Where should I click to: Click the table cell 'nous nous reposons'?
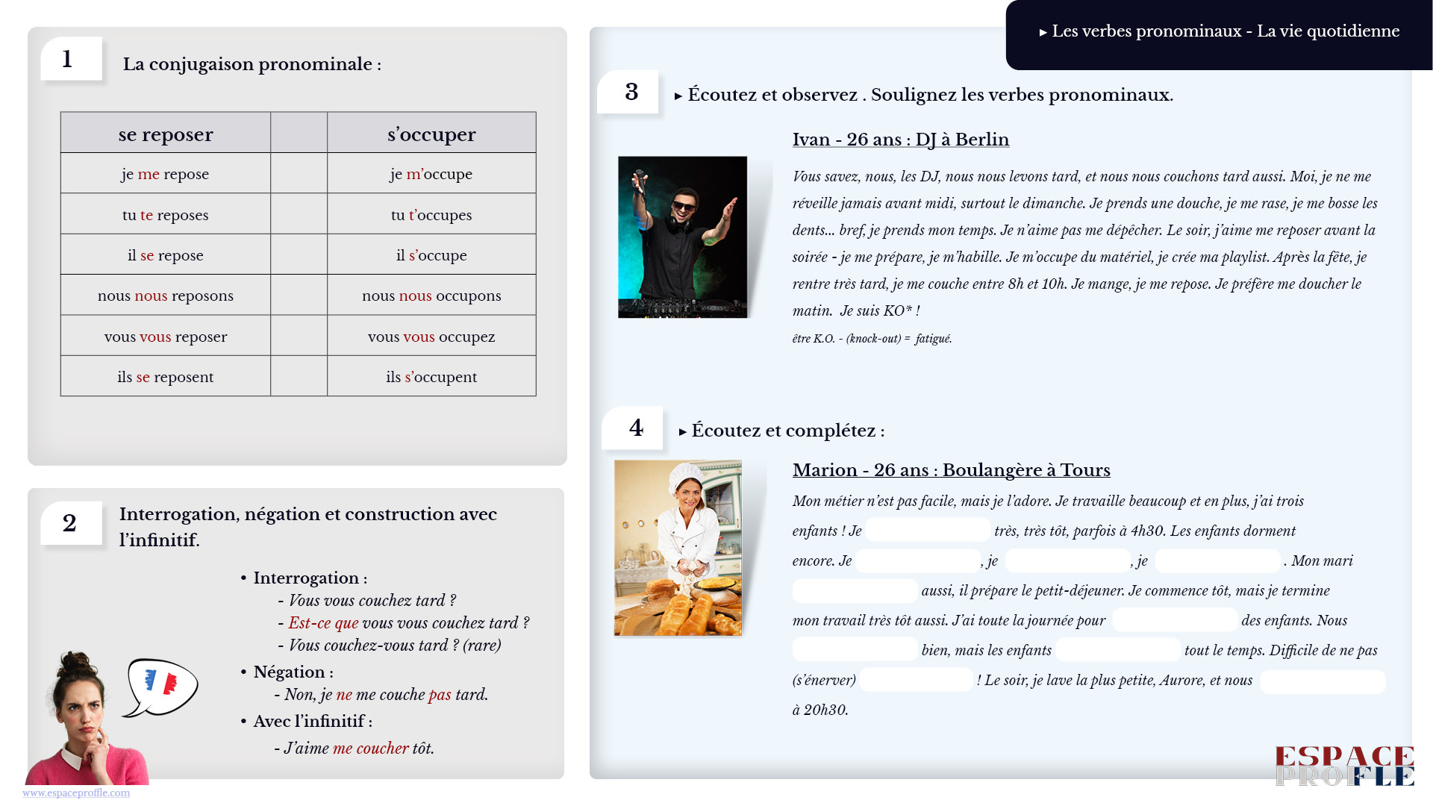[165, 296]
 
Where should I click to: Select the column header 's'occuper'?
[431, 134]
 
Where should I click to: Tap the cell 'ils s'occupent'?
[431, 377]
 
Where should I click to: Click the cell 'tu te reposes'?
[165, 215]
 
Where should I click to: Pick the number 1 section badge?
[69, 59]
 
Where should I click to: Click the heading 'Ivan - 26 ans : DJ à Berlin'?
[900, 140]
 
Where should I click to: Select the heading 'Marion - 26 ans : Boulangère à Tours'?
[951, 470]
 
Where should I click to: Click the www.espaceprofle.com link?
[76, 793]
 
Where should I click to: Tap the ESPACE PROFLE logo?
[1344, 766]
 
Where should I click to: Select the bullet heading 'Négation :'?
[293, 672]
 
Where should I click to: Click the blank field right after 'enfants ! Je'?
[928, 531]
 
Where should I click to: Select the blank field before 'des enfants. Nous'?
[1175, 620]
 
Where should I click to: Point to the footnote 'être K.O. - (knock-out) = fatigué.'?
[872, 339]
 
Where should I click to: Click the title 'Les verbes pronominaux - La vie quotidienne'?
[1225, 31]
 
